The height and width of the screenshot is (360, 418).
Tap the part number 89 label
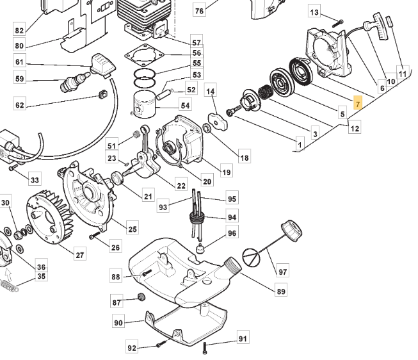[280, 292]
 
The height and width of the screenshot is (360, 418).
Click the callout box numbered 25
[132, 229]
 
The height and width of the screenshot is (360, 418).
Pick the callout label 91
[243, 338]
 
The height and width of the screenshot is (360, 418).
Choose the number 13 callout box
[314, 12]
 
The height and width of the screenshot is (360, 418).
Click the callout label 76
[199, 11]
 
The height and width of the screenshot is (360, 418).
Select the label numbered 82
[19, 30]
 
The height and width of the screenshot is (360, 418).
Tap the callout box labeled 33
[34, 181]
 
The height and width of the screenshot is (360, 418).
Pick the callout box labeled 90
[118, 323]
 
